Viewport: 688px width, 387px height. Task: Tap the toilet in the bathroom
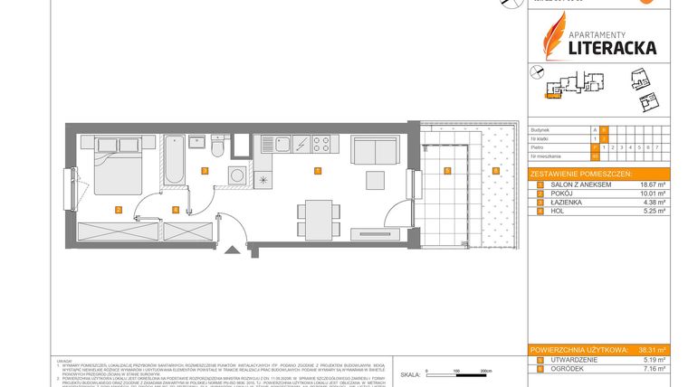pos(218,146)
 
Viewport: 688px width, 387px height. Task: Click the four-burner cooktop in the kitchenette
pos(321,143)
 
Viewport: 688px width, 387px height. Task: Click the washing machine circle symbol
pos(237,175)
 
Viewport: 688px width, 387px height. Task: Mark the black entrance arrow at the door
pos(232,250)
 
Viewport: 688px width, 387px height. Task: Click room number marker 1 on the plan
pos(317,171)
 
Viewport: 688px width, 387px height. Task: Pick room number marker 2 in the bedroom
pos(119,210)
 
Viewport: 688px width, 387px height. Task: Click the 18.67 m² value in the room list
pos(655,184)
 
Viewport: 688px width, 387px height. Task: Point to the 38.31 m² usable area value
pos(653,349)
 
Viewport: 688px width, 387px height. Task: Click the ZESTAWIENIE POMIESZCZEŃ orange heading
pos(582,173)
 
